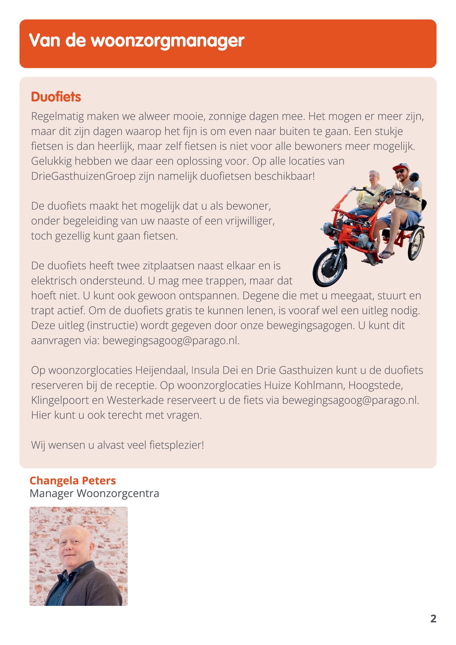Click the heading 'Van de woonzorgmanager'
pos(137,41)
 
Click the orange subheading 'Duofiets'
pos(56,97)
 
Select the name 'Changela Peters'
pos(73,481)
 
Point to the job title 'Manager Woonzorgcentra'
pos(94,493)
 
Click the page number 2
pos(433,619)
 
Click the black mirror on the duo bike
pos(414,177)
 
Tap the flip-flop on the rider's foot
pos(387,255)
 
